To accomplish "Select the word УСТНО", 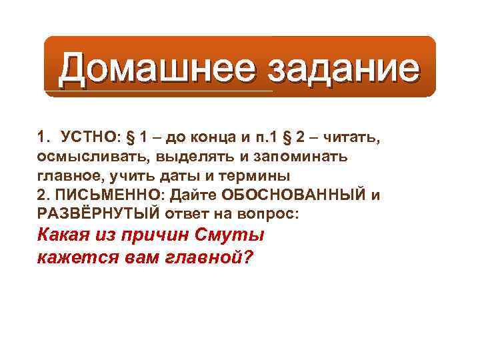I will [x=87, y=138].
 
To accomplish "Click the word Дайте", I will [x=193, y=196].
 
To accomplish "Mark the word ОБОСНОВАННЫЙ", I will [x=291, y=196].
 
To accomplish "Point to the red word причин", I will [x=157, y=236].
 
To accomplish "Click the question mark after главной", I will [x=249, y=257].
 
